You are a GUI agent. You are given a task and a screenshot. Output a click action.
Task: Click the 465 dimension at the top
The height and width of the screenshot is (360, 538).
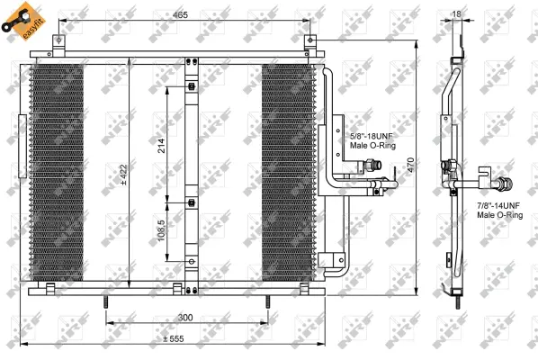(181, 15)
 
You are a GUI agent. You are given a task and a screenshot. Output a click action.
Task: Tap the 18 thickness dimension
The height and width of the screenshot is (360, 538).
(456, 14)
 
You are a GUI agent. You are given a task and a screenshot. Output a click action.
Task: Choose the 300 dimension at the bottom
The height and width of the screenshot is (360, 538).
(184, 318)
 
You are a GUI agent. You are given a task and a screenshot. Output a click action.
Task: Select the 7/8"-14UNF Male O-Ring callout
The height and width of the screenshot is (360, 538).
(499, 211)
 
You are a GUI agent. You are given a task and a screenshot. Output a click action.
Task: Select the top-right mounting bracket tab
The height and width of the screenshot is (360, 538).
(311, 42)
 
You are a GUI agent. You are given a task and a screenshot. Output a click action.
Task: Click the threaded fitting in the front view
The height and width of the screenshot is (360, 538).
(375, 166)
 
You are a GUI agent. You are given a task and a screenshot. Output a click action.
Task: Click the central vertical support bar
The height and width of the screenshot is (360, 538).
(190, 171)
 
